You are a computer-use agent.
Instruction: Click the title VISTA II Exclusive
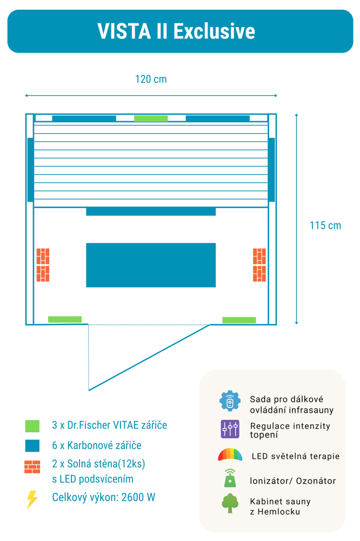coord(176,31)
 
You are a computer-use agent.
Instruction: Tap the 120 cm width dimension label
coord(151,80)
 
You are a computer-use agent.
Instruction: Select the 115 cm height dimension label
coord(325,226)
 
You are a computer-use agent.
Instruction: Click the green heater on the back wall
coord(151,118)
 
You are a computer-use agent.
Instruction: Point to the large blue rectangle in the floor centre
coord(151,265)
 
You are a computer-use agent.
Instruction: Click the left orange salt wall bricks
coord(43,265)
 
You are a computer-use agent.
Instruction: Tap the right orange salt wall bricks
coord(259,265)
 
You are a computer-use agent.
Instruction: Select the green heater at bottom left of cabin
coord(65,320)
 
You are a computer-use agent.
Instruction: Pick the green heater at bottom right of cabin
coord(239,320)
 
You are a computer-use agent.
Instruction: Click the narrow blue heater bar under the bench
coord(151,212)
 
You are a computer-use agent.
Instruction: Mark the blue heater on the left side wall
coord(30,170)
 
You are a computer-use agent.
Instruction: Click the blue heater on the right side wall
coord(272,170)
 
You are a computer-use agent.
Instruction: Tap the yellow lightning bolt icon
coord(32,499)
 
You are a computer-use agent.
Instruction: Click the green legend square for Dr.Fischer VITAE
coord(32,426)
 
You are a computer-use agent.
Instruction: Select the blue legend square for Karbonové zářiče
coord(32,446)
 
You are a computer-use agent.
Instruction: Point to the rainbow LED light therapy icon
coord(230,456)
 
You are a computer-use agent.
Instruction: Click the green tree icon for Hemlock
coord(230,503)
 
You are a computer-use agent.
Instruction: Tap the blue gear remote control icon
coord(230,401)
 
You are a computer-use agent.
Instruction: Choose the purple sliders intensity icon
coord(230,429)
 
